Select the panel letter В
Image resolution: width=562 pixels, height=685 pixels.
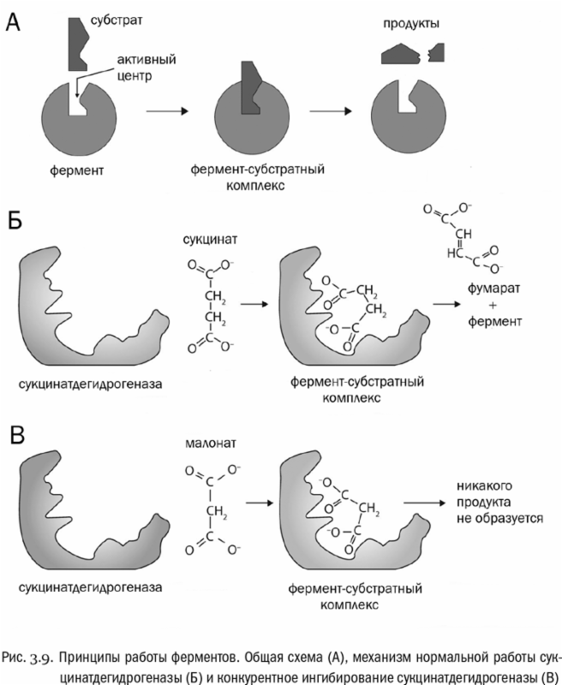click(16, 434)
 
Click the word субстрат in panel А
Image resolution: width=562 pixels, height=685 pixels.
click(127, 17)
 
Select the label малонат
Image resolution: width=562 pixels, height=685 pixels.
click(207, 444)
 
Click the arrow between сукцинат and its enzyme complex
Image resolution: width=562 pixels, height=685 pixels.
click(254, 302)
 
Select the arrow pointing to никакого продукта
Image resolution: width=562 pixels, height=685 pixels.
click(429, 503)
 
